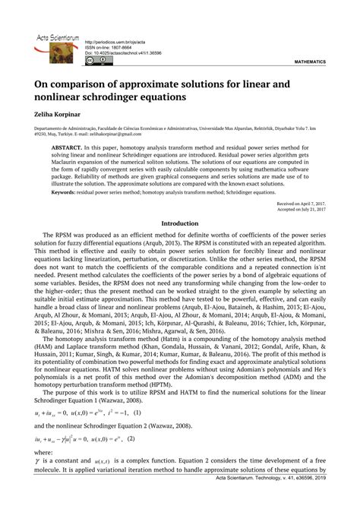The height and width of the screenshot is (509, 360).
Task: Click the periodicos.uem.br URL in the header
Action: (114, 42)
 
